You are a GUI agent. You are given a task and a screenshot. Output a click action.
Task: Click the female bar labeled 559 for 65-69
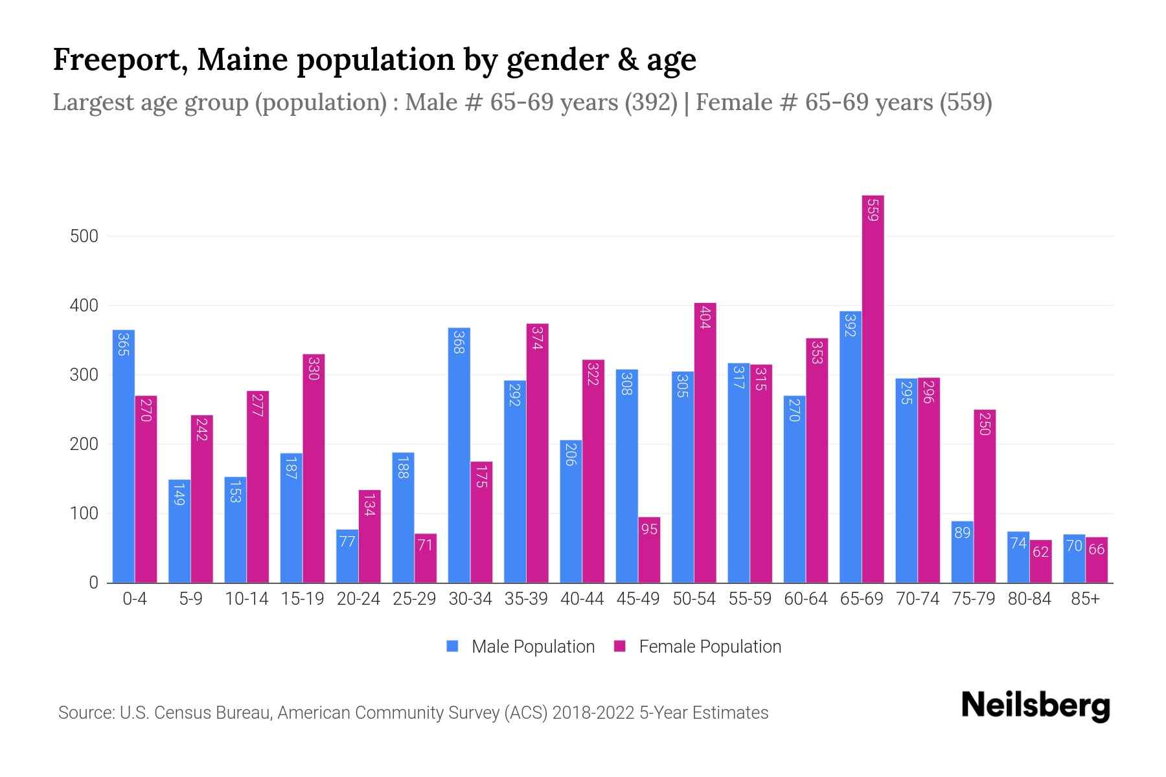(873, 388)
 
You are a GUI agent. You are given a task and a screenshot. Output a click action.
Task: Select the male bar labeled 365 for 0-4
(124, 456)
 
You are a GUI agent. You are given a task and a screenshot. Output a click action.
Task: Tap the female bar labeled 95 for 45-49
(649, 550)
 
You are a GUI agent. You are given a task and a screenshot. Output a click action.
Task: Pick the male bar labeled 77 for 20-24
(347, 556)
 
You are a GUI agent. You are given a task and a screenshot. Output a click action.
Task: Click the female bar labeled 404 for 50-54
(705, 443)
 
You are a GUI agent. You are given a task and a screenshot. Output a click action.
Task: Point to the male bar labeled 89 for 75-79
(962, 552)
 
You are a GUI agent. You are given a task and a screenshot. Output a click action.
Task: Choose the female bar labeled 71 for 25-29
(425, 558)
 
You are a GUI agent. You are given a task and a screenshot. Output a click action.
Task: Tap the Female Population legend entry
(698, 647)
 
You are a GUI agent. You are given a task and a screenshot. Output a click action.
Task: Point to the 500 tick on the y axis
(84, 236)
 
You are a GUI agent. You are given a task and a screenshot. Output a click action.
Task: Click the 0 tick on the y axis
(93, 583)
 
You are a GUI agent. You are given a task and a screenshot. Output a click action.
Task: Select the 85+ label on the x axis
(1085, 599)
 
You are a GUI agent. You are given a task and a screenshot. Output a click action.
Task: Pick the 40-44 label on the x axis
(582, 599)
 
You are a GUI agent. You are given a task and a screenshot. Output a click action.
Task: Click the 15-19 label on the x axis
(303, 599)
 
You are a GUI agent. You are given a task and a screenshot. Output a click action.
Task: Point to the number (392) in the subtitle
(650, 102)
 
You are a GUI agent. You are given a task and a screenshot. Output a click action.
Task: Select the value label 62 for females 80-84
(1040, 552)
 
